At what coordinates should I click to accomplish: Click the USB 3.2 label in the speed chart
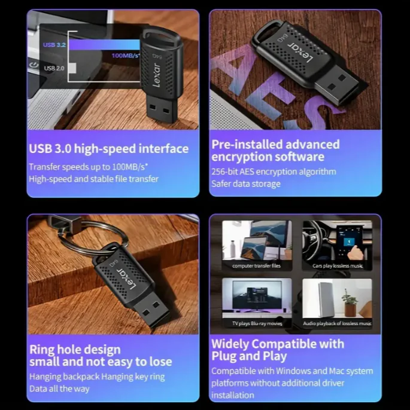pyautogui.click(x=54, y=45)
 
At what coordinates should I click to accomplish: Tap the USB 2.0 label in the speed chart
pyautogui.click(x=54, y=68)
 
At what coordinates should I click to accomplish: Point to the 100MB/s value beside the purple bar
pyautogui.click(x=126, y=56)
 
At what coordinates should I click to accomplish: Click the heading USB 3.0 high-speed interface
pyautogui.click(x=109, y=149)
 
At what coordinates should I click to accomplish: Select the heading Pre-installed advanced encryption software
pyautogui.click(x=275, y=151)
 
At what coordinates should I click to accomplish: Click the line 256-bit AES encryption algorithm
pyautogui.click(x=274, y=172)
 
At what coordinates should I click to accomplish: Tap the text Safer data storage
pyautogui.click(x=246, y=184)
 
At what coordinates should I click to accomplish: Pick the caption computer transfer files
pyautogui.click(x=256, y=266)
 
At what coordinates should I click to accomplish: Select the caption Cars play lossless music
pyautogui.click(x=338, y=266)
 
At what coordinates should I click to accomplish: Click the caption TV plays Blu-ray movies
pyautogui.click(x=257, y=324)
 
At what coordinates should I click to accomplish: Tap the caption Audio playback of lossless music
pyautogui.click(x=337, y=324)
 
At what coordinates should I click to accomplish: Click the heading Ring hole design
pyautogui.click(x=75, y=350)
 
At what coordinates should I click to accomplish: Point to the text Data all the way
pyautogui.click(x=59, y=389)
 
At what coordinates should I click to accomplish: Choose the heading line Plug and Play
pyautogui.click(x=249, y=356)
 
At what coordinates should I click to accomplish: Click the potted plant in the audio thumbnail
pyautogui.click(x=350, y=303)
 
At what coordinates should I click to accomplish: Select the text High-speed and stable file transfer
pyautogui.click(x=93, y=179)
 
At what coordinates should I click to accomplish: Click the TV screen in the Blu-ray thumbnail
pyautogui.click(x=257, y=295)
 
